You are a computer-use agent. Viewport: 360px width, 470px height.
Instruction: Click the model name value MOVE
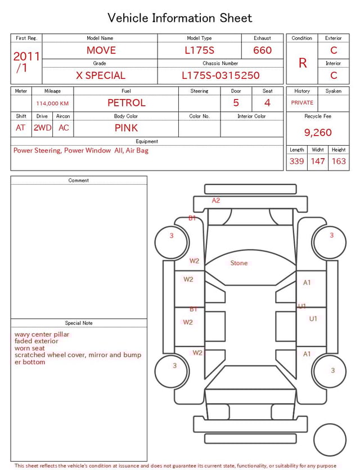point(101,50)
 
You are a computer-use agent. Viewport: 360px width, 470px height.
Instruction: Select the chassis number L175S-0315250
point(220,75)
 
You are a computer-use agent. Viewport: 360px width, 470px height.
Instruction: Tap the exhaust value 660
point(262,50)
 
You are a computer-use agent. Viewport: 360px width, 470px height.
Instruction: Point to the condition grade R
point(303,63)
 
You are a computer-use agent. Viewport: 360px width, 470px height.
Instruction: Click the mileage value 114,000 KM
point(52,104)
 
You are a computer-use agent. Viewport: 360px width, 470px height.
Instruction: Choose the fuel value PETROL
point(127,103)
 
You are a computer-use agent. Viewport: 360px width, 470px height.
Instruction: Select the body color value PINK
point(126,128)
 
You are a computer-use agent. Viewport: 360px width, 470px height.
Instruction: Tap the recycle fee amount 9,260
point(318,132)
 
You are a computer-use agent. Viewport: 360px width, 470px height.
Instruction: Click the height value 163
point(339,161)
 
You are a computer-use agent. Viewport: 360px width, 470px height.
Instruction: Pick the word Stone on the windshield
point(239,263)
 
